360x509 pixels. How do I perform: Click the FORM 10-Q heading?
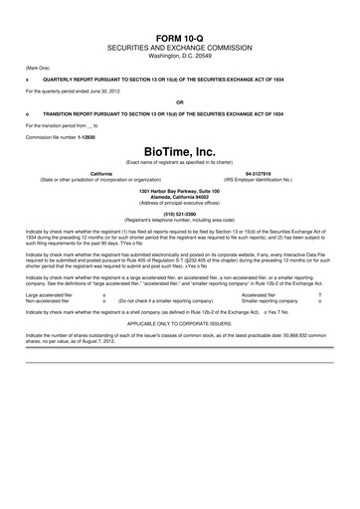pos(179,11)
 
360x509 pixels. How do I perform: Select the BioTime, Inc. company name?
pos(179,152)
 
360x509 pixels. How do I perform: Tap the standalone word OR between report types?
pos(179,101)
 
